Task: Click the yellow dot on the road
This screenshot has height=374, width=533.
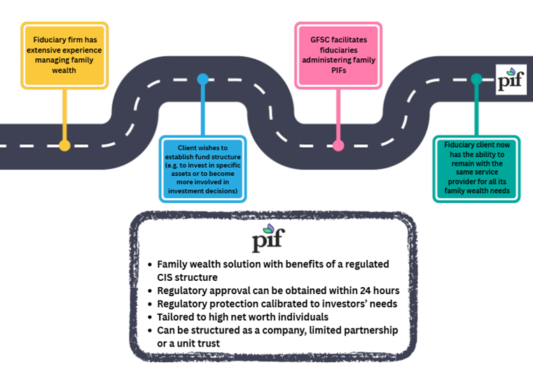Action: [x=64, y=146]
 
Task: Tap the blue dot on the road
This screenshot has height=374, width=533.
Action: [x=202, y=78]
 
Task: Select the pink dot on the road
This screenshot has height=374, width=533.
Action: [x=338, y=146]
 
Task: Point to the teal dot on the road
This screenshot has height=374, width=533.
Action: [x=476, y=78]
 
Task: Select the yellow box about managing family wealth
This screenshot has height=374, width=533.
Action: [x=64, y=55]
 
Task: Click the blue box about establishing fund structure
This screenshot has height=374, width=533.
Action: [x=202, y=167]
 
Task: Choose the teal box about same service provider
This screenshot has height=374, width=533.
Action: [x=476, y=167]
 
